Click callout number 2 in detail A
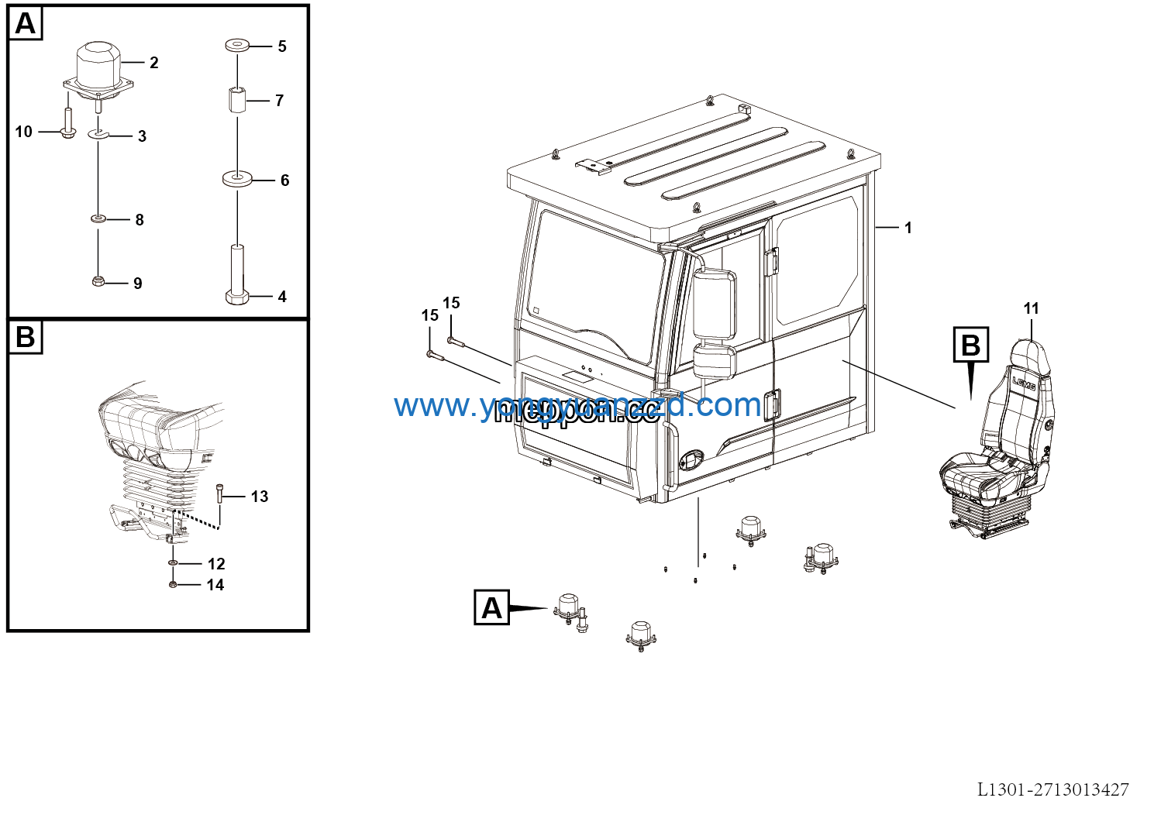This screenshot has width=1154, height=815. (x=153, y=63)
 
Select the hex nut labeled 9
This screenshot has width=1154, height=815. (x=98, y=281)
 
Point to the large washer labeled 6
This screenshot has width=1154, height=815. (x=237, y=179)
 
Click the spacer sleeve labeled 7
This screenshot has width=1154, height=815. (x=237, y=100)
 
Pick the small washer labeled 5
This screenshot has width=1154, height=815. (x=237, y=46)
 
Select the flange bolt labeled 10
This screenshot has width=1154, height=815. (x=67, y=126)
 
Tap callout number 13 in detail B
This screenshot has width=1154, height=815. (x=260, y=497)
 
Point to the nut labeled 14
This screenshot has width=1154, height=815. (x=173, y=584)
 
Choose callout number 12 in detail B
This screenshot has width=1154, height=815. (x=216, y=564)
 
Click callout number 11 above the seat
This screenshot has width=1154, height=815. (x=1031, y=308)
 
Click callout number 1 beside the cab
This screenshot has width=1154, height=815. (x=908, y=228)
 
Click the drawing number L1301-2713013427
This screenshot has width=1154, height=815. (x=1052, y=789)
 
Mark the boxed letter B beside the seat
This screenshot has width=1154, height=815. (x=970, y=345)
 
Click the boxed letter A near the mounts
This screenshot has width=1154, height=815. (x=491, y=608)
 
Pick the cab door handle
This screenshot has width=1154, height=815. (x=771, y=406)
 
